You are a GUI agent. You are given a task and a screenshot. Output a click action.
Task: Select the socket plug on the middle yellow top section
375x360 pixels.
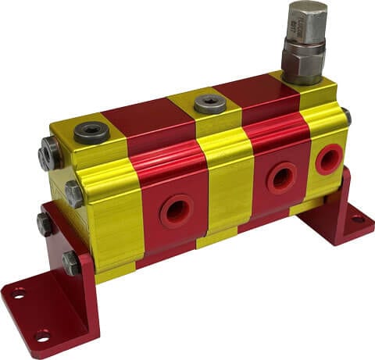tap(209, 103)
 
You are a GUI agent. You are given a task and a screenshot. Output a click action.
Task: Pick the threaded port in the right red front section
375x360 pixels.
tap(281, 179)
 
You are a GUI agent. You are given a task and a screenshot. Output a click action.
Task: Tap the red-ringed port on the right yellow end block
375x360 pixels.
tap(329, 159)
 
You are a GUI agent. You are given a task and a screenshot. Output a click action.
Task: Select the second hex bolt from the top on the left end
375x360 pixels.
tap(73, 193)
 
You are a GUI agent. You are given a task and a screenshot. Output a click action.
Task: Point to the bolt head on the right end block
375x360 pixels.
tap(346, 117)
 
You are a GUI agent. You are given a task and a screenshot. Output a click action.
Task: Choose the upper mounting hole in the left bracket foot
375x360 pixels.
tap(17, 294)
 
